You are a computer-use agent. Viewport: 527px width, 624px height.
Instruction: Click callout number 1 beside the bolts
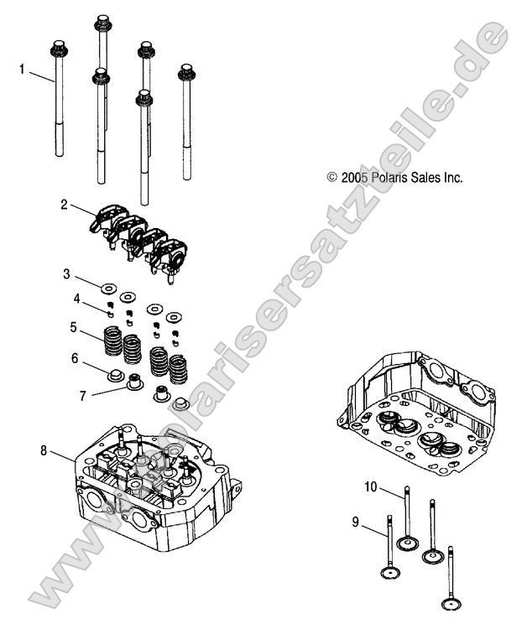tap(22, 70)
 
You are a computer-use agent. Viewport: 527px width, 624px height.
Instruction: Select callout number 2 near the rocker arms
tap(63, 204)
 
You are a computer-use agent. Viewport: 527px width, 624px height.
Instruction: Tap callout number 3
tap(66, 273)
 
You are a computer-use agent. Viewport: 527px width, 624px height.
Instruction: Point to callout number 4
tap(76, 299)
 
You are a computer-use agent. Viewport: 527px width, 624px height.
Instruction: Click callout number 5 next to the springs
tap(74, 326)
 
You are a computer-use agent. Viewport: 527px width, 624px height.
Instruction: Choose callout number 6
tap(75, 358)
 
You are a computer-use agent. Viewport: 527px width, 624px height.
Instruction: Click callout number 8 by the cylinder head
tap(43, 450)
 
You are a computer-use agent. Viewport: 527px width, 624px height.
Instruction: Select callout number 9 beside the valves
tap(355, 523)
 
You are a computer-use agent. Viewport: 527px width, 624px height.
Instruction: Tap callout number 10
tap(371, 486)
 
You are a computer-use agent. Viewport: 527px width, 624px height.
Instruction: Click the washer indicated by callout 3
tap(107, 289)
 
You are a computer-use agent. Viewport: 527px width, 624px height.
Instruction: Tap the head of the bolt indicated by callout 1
tap(59, 49)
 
